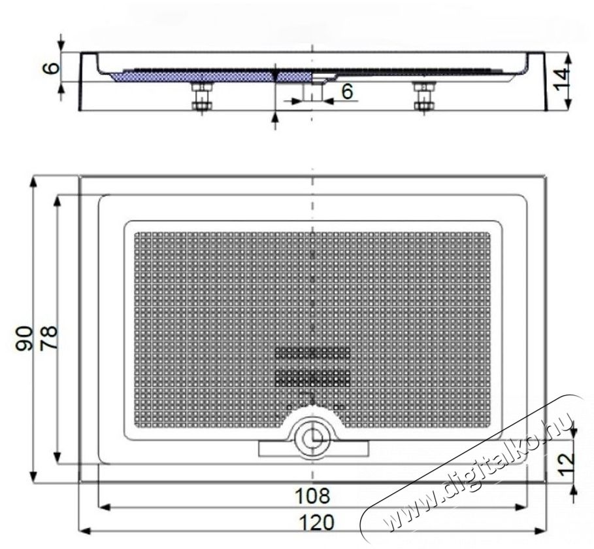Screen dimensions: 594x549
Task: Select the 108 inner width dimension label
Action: pyautogui.click(x=312, y=495)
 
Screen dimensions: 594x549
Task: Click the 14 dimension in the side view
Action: pyautogui.click(x=562, y=80)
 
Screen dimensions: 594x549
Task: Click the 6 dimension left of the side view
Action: pyautogui.click(x=53, y=67)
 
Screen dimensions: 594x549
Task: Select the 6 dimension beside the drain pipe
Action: pyautogui.click(x=346, y=92)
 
